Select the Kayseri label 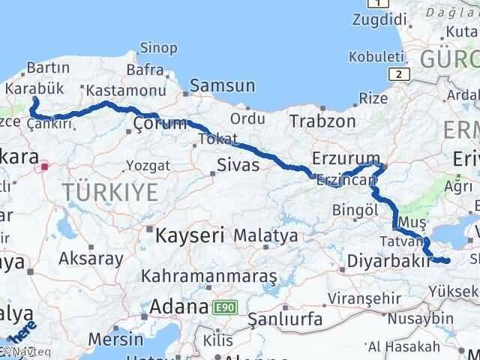pos(190,235)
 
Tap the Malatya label pos(265,235)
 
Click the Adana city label pos(178,307)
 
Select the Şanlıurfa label pos(285,319)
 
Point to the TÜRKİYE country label pos(110,193)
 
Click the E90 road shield pos(222,307)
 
